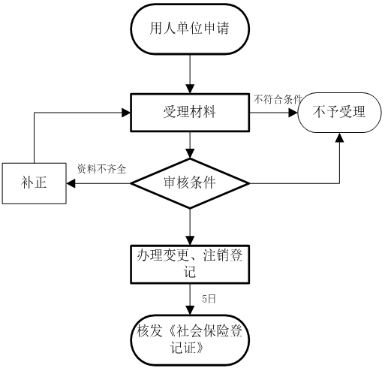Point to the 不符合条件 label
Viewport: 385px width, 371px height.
(278, 99)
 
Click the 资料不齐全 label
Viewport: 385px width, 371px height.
(101, 169)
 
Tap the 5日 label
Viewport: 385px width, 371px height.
(209, 299)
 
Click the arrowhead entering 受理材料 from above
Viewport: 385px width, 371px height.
(190, 89)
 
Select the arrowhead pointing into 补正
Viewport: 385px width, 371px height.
(71, 183)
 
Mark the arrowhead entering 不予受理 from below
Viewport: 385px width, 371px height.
(339, 137)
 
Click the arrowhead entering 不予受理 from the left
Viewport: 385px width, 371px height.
(293, 113)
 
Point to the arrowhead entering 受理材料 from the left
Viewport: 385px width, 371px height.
(126, 113)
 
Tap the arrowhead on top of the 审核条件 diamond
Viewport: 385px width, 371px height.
(190, 154)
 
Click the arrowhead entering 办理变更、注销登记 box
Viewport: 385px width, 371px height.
(190, 240)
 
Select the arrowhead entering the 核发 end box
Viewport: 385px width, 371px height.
(190, 310)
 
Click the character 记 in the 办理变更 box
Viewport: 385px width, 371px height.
(190, 271)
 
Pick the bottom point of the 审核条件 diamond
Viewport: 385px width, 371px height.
(190, 208)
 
